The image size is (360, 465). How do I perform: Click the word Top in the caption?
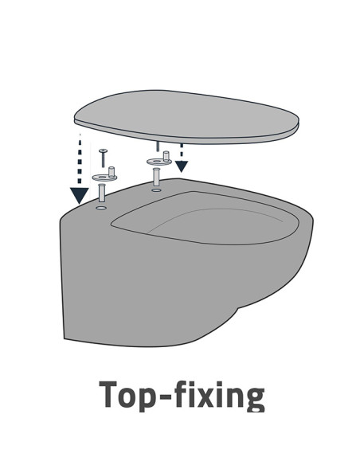127,396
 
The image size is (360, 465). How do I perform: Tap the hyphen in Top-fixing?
165,397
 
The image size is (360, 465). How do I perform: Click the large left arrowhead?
79,195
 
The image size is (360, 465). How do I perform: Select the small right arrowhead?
181,166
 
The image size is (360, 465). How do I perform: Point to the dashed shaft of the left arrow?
80,160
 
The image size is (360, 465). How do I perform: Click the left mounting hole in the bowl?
101,208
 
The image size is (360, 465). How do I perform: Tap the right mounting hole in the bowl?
156,190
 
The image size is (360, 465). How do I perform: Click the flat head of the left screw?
104,150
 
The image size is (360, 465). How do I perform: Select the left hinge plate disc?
103,178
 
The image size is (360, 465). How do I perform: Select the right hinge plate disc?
158,162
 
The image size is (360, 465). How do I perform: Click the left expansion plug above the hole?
101,193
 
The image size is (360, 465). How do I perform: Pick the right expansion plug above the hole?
156,177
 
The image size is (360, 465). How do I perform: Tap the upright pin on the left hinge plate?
112,172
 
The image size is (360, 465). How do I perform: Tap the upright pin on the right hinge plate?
166,156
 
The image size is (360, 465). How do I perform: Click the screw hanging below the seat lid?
158,147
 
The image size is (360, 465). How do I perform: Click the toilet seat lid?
186,117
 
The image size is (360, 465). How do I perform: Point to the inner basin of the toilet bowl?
205,218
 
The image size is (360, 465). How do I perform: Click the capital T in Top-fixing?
108,395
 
